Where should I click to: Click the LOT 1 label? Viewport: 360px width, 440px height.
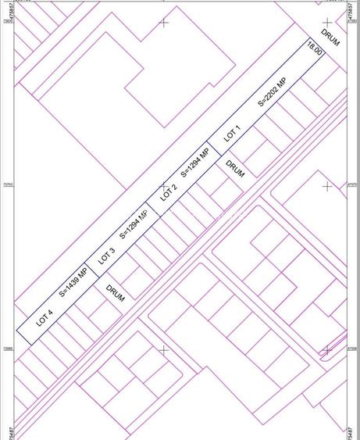tap(232, 133)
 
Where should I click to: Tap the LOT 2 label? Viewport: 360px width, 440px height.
tap(169, 192)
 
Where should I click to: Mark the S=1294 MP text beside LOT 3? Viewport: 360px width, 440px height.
tap(134, 224)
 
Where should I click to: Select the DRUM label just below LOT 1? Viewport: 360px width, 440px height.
tap(235, 169)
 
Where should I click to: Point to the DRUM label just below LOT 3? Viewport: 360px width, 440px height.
tap(116, 294)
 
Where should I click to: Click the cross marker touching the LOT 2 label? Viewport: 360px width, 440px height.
tap(164, 187)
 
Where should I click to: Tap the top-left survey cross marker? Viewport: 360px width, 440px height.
tap(164, 23)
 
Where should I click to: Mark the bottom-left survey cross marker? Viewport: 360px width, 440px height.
tap(164, 350)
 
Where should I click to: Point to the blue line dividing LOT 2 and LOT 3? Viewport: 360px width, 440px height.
tap(153, 209)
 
